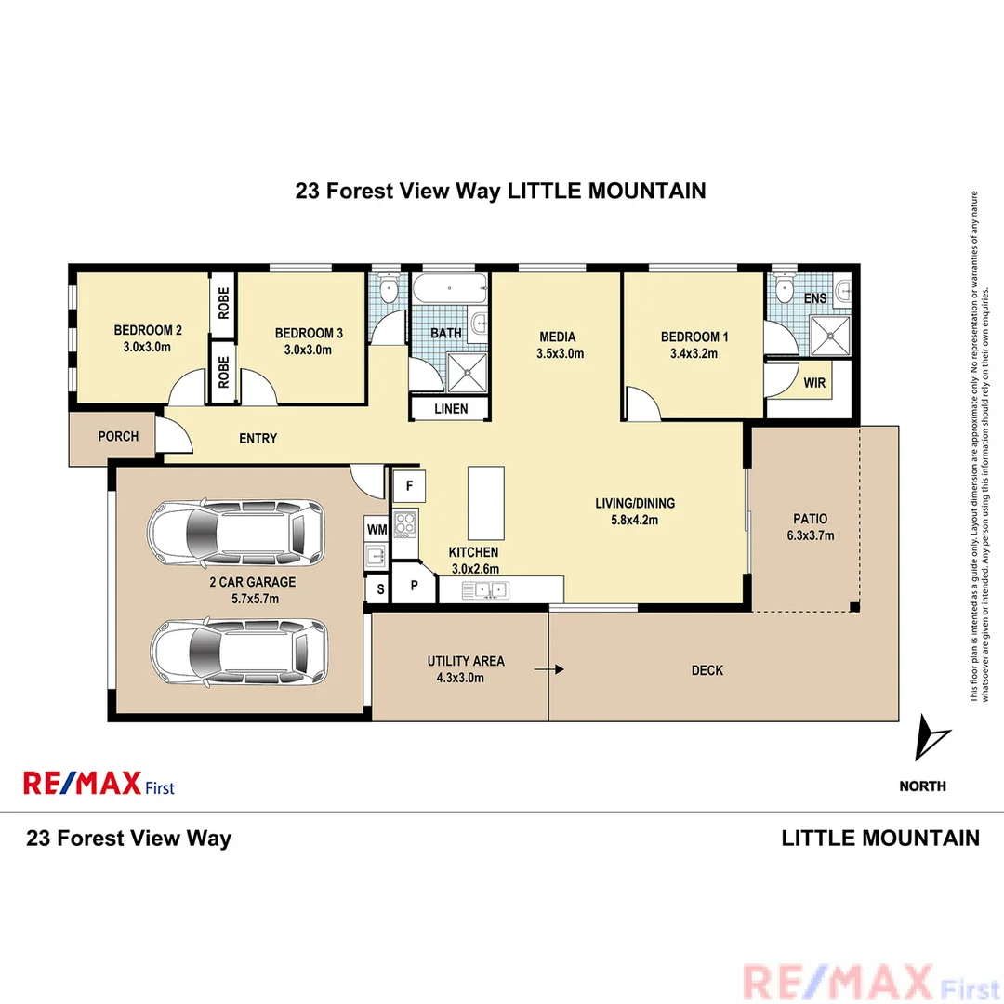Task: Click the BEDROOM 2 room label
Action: (x=148, y=330)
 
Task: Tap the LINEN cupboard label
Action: (x=451, y=409)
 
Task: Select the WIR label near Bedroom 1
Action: (x=814, y=382)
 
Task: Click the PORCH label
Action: (x=118, y=436)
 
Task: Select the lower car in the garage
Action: (x=239, y=654)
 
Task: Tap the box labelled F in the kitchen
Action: (x=409, y=484)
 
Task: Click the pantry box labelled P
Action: (x=414, y=587)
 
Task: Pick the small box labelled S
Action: (x=379, y=588)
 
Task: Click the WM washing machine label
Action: (x=376, y=529)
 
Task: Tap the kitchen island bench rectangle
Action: (x=486, y=503)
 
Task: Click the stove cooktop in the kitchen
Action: (x=405, y=523)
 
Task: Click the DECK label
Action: (x=707, y=670)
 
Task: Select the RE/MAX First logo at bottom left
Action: (x=99, y=784)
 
